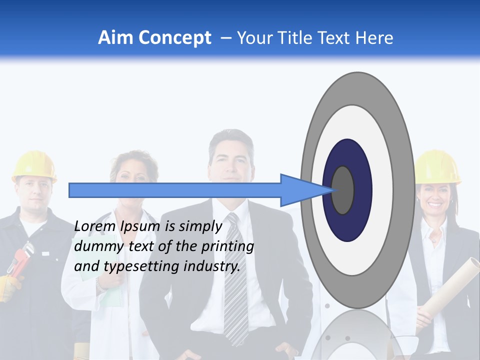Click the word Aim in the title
pos(116,37)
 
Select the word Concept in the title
pos(175,38)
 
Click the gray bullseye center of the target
pos(343,190)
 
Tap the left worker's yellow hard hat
pos(34,165)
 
